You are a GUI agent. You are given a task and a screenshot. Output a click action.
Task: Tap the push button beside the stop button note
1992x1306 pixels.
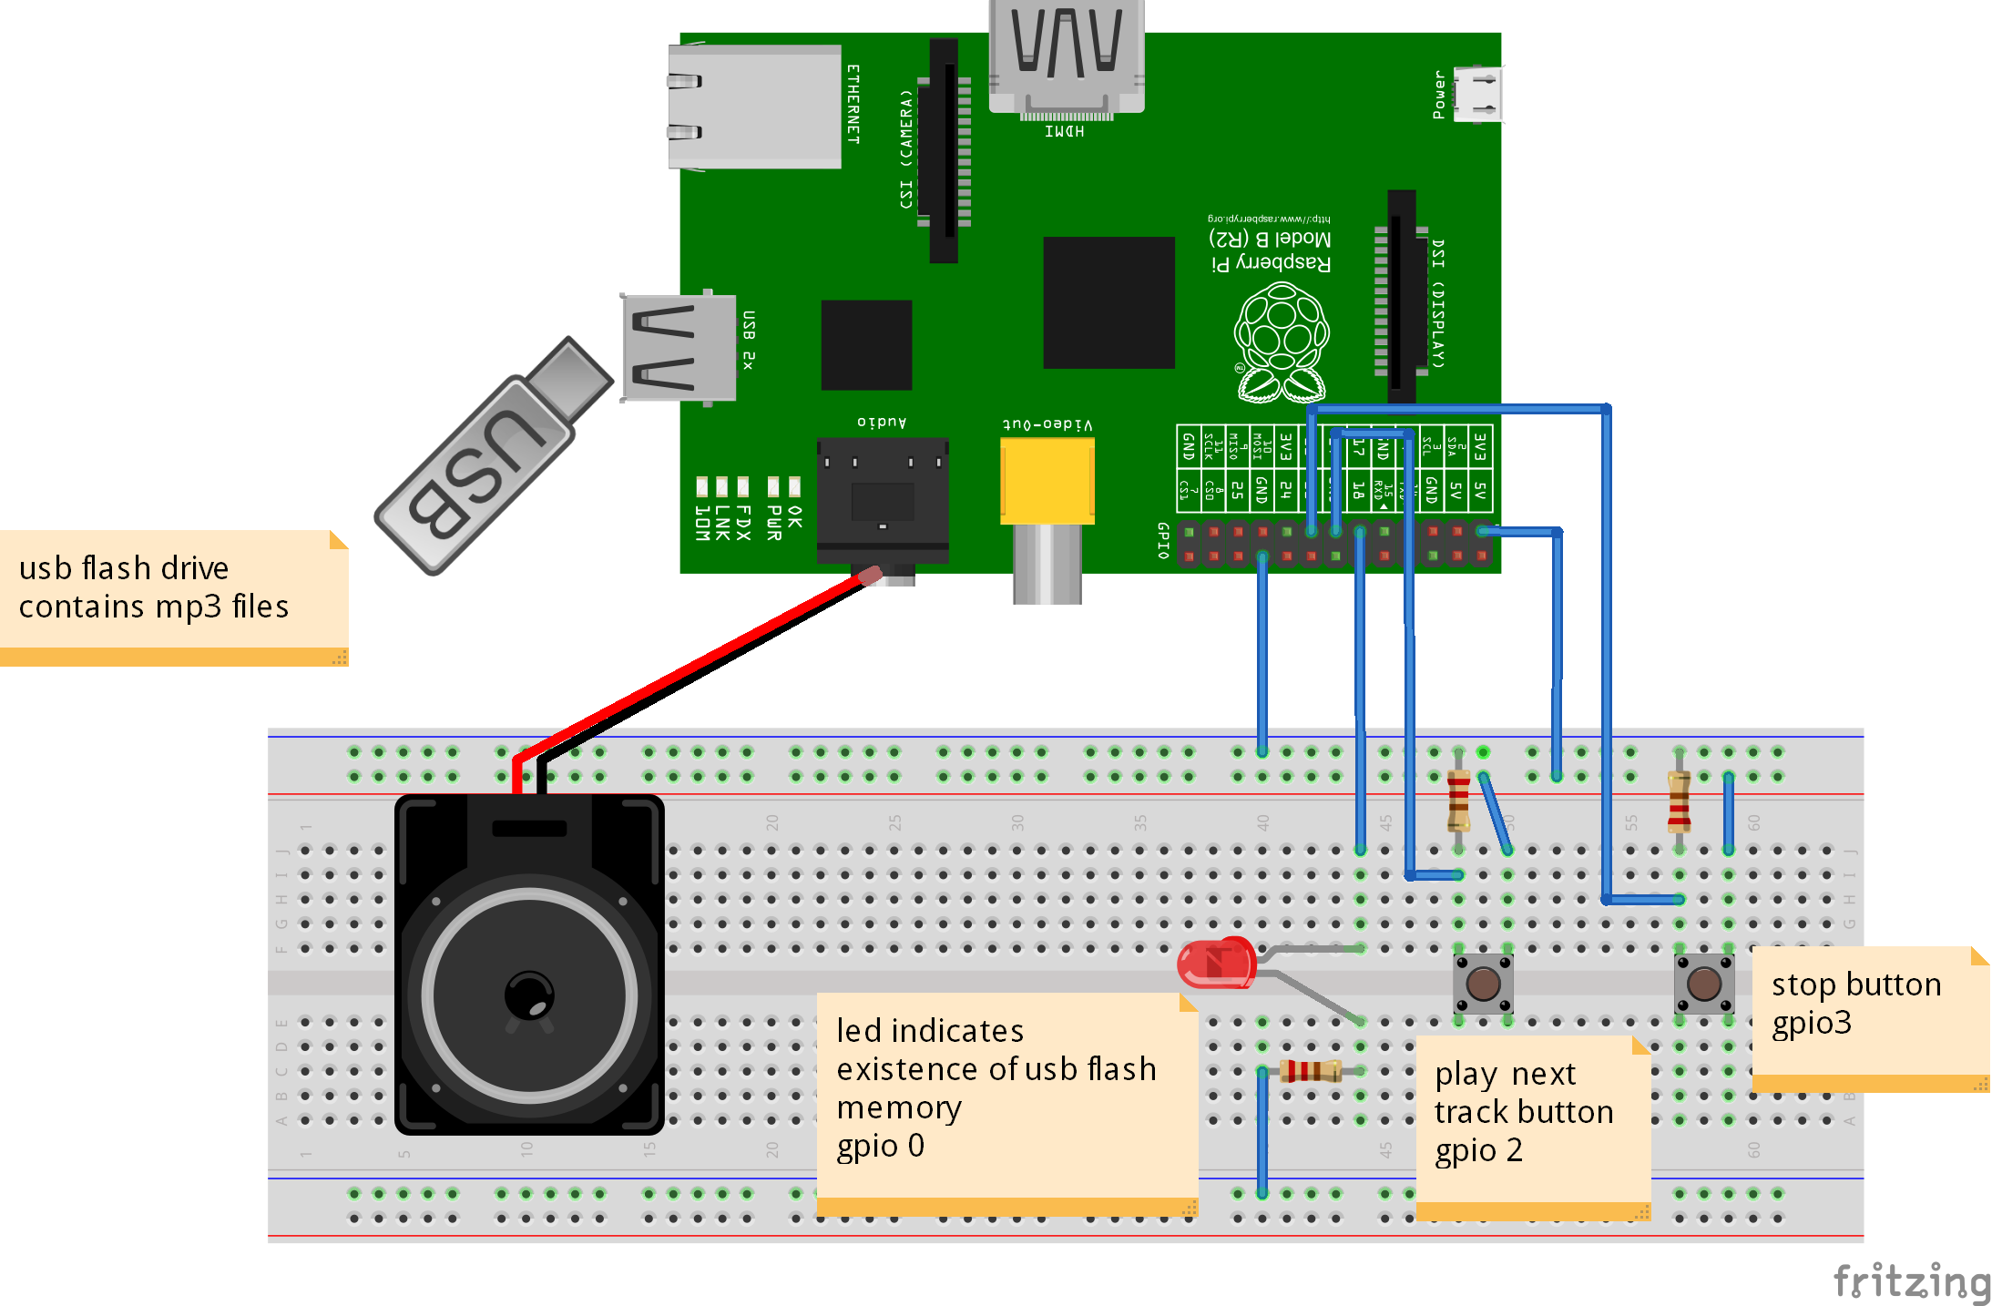[1703, 984]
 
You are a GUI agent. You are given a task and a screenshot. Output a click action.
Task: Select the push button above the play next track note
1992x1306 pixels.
[1483, 984]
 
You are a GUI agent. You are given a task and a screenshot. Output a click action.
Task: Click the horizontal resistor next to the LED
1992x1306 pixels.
[1311, 1070]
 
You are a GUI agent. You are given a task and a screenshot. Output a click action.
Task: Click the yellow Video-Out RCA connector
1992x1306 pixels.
[1047, 481]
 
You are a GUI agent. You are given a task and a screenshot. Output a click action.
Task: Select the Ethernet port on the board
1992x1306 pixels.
[754, 107]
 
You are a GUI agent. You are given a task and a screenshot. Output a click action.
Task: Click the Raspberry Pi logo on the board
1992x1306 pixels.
[1281, 342]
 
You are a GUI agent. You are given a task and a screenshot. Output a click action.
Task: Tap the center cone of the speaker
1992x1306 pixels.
[529, 995]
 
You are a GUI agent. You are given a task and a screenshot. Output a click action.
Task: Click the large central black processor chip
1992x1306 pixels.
[1108, 302]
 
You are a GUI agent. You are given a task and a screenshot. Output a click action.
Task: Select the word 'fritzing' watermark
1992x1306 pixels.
[1911, 1281]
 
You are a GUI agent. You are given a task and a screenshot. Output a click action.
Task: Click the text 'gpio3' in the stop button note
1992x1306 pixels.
[1811, 1023]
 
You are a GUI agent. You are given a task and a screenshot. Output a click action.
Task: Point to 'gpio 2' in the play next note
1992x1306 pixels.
[1477, 1150]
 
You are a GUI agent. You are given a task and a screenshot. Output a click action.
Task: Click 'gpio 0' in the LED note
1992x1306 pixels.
[880, 1145]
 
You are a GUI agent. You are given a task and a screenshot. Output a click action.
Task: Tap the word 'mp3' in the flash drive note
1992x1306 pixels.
[189, 607]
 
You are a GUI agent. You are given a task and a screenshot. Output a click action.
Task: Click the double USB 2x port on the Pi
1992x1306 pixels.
[679, 347]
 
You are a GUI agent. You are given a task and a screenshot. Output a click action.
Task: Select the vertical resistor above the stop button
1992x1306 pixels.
[1679, 801]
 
